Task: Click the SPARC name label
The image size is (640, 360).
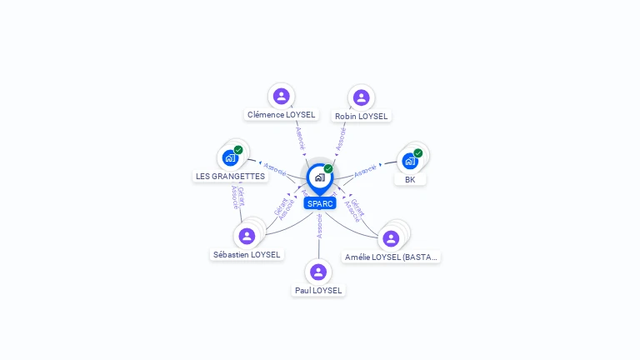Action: [320, 203]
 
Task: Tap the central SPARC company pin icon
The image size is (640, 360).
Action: [319, 177]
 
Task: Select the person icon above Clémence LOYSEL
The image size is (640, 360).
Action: [281, 96]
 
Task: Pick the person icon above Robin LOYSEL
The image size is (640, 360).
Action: [361, 97]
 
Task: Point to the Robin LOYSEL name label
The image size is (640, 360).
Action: [361, 117]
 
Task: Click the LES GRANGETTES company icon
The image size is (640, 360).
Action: [230, 157]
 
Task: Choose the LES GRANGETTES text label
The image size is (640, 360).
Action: [230, 177]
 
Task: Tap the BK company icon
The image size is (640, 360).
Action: [409, 160]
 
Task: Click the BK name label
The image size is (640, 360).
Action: [410, 179]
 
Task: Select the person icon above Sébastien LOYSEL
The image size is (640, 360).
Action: [247, 236]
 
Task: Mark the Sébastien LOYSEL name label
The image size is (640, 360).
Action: [247, 255]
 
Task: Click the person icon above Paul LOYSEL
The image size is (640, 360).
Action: [317, 272]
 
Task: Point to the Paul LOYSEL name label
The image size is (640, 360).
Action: [318, 291]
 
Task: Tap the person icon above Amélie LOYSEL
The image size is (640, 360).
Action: [391, 238]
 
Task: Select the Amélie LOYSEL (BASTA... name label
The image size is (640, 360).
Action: [392, 257]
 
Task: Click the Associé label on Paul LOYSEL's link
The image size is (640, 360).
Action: [319, 226]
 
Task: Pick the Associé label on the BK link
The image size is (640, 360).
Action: [366, 171]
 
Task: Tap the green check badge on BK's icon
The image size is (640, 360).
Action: [417, 152]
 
